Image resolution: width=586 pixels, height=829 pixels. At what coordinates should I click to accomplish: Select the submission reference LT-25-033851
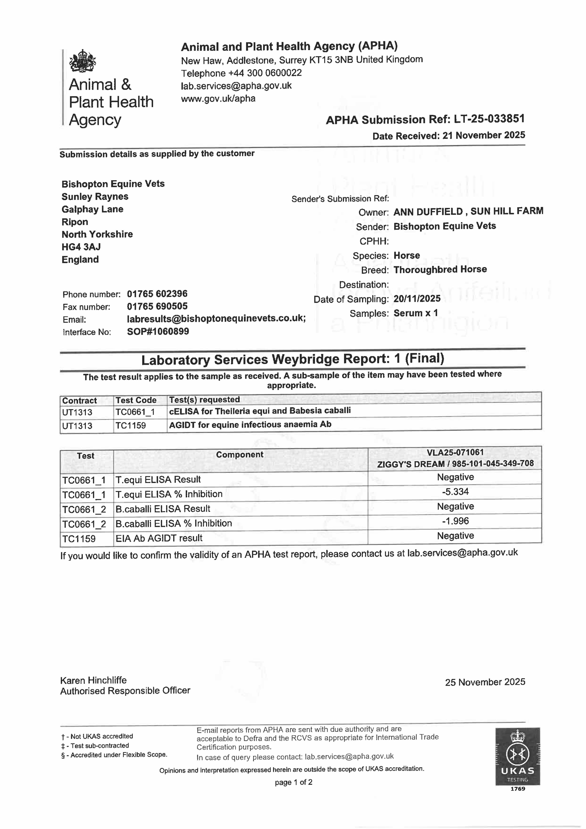(x=489, y=119)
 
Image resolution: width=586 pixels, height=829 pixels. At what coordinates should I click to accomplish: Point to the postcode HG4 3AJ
(x=81, y=247)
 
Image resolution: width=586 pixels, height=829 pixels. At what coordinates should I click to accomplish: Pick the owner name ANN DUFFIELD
(x=428, y=212)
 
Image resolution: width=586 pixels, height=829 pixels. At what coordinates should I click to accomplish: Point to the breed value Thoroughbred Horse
(x=440, y=269)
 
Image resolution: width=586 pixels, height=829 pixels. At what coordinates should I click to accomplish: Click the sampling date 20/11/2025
(x=417, y=299)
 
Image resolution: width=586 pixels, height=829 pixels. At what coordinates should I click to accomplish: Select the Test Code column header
(x=136, y=400)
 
